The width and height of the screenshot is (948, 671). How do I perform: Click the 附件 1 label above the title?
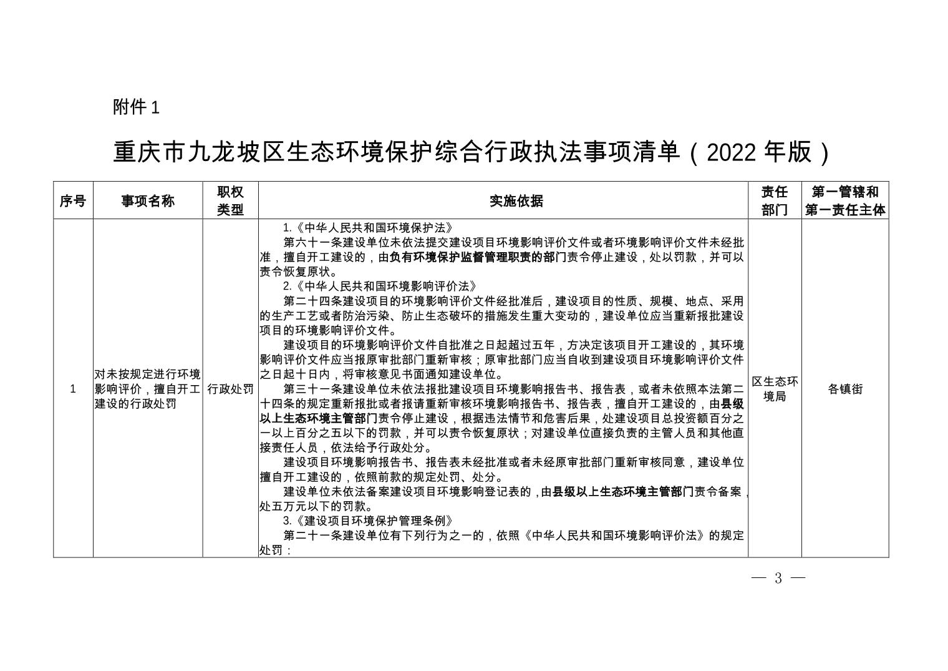coord(136,107)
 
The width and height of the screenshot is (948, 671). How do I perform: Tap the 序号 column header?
coord(73,201)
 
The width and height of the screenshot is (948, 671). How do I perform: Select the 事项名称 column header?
coord(148,201)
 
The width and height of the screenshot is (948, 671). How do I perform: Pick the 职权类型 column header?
coord(230,201)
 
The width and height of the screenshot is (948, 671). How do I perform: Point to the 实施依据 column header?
coord(503,201)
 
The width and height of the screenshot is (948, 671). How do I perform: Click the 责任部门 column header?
coord(775,201)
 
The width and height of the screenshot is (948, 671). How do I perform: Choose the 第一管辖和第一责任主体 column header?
coord(845,201)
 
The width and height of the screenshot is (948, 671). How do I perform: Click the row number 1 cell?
coord(73,389)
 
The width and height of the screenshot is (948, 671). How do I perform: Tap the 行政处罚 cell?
coord(230,389)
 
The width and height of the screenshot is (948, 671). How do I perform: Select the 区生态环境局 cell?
coord(775,389)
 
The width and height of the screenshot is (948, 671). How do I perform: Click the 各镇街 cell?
coord(845,389)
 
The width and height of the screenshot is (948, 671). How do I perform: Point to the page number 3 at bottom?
coord(778,578)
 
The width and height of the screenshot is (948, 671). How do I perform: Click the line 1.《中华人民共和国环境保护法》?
coord(368,228)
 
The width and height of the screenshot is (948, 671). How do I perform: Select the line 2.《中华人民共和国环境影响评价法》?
coord(380,287)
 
